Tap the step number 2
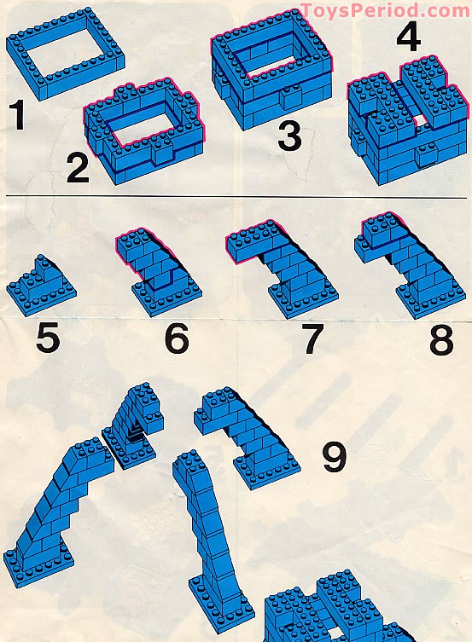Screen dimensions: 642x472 click(78, 166)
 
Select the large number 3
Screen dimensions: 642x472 click(289, 135)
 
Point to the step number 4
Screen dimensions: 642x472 click(408, 38)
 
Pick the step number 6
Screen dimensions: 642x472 click(176, 338)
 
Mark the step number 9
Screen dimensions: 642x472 click(334, 458)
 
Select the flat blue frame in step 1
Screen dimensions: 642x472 click(66, 53)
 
